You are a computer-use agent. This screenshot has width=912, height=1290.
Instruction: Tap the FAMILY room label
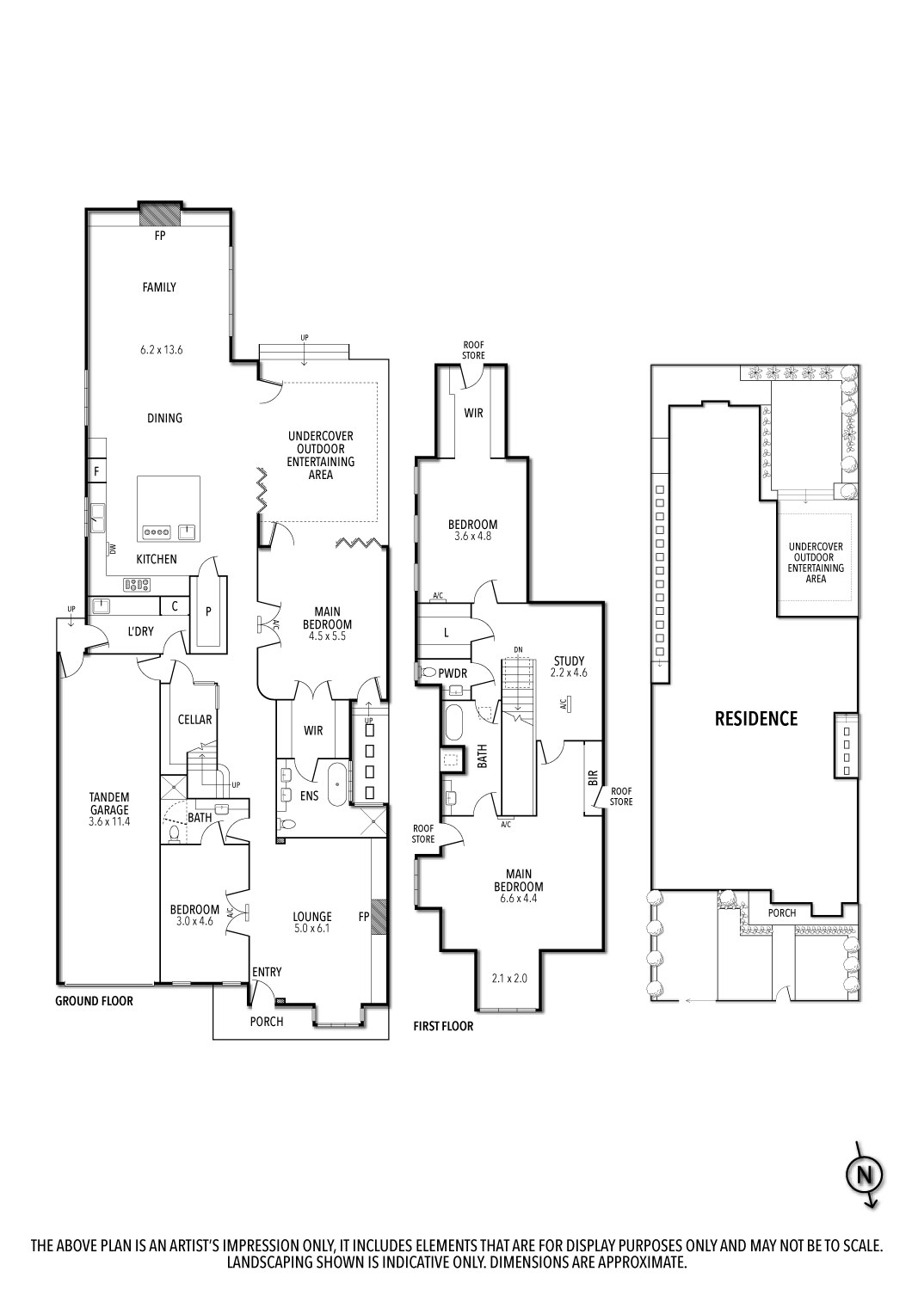[159, 286]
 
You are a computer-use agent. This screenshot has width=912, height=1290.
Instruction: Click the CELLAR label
[194, 719]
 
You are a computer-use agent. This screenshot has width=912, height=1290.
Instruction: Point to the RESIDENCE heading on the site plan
[756, 719]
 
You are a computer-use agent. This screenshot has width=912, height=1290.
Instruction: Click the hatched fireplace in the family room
[160, 213]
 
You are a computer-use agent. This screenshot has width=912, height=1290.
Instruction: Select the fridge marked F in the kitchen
[96, 471]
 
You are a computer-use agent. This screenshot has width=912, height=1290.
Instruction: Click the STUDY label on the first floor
[569, 661]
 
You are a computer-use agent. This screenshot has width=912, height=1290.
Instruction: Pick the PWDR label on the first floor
[453, 673]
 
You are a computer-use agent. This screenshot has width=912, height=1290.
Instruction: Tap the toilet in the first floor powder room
[429, 672]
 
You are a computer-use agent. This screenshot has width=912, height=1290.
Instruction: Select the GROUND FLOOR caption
[94, 1001]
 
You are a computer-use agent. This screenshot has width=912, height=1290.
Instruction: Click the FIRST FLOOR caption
[443, 1026]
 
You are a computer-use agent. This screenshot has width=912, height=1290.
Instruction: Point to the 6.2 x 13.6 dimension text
[161, 349]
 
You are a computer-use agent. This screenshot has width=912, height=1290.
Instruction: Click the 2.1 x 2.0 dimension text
[510, 978]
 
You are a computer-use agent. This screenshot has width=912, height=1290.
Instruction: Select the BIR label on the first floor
[594, 777]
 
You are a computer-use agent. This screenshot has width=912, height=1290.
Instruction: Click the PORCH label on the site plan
[782, 912]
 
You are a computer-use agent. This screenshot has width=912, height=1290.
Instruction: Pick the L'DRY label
[140, 631]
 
